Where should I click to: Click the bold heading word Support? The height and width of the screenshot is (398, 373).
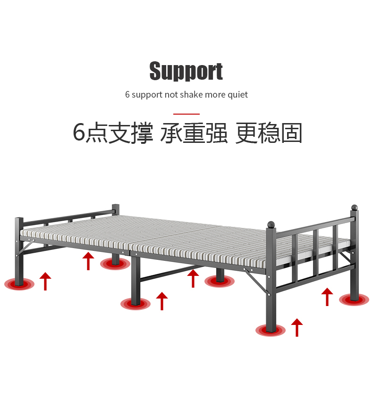(x=186, y=72)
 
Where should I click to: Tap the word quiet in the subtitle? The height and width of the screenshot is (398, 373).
(x=238, y=95)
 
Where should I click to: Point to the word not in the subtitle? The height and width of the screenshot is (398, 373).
(x=170, y=95)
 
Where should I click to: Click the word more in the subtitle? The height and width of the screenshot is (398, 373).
(x=215, y=95)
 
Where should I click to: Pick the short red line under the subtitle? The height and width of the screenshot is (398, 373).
(x=186, y=114)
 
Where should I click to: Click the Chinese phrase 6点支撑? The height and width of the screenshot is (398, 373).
(x=113, y=133)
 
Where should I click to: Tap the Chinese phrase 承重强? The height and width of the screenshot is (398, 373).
(x=194, y=133)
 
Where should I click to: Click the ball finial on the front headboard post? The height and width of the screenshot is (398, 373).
(x=271, y=224)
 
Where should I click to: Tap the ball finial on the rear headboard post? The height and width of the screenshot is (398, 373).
(x=354, y=207)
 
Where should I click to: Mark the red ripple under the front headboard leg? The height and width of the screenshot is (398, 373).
(x=271, y=331)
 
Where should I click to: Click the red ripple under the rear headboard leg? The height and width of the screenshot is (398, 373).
(x=354, y=299)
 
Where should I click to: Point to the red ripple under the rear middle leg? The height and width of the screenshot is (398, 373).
(x=220, y=282)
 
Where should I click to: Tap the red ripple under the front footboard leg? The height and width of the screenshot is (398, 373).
(x=19, y=284)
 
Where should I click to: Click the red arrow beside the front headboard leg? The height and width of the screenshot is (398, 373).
(x=297, y=327)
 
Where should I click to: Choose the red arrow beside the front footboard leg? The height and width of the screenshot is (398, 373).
(x=45, y=281)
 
